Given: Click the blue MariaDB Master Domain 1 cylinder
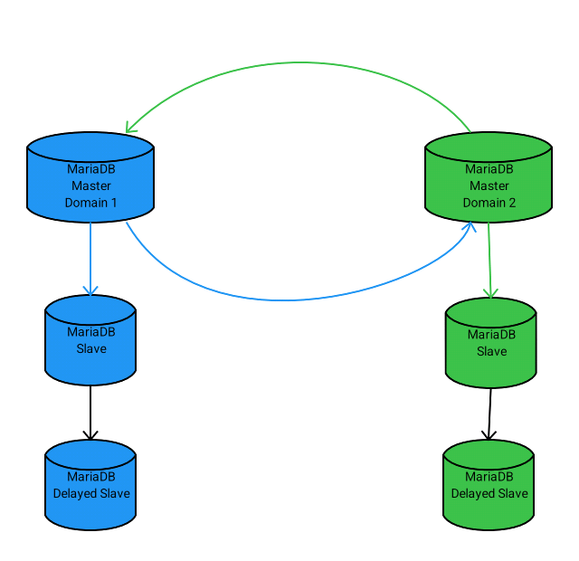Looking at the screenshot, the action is tap(90, 177).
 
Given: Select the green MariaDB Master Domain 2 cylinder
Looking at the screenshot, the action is tap(489, 177).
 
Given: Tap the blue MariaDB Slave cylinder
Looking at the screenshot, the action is tap(90, 340).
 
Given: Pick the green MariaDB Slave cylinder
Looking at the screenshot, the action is tap(490, 343).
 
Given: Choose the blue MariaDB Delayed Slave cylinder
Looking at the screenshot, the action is tap(90, 485).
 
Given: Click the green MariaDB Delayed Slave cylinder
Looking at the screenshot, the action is tap(489, 485).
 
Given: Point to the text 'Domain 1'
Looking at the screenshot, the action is tap(90, 203).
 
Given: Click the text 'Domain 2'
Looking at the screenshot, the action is tap(489, 203).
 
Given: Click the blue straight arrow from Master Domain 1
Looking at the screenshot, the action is tap(90, 259).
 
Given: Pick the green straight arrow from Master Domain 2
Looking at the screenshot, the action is tap(489, 260).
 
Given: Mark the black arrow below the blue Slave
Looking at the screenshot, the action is tap(90, 413).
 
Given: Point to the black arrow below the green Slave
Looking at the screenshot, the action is tap(489, 414).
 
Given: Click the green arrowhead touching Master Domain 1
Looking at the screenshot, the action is tap(130, 128).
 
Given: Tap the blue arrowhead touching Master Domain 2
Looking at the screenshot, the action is tap(469, 226).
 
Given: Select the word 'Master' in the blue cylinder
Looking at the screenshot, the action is tap(91, 185).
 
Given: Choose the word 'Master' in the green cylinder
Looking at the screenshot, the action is tap(489, 185).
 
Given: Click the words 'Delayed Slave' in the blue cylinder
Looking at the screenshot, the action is tap(91, 493).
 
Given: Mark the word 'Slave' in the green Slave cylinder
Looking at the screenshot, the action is tap(491, 351).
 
